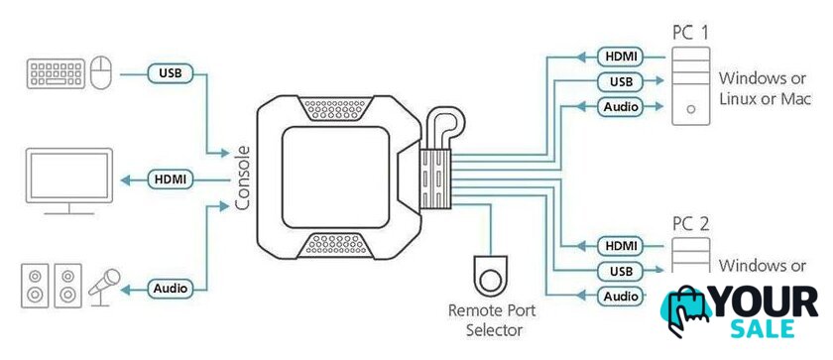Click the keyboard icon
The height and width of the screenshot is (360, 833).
[x=56, y=73]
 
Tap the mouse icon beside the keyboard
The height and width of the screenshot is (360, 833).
[x=100, y=73]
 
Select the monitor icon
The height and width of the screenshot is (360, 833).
[x=69, y=180]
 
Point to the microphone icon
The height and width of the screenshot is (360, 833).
[x=104, y=288]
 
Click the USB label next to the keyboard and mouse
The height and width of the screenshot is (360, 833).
[x=171, y=73]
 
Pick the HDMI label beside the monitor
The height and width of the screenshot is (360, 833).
[x=171, y=180]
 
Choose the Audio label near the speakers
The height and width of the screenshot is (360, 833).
[x=171, y=289]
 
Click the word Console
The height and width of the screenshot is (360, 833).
[x=243, y=178]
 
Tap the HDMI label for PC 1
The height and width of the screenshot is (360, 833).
[x=621, y=56]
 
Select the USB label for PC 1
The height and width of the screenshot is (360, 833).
[x=621, y=81]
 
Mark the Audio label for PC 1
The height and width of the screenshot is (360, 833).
[x=621, y=107]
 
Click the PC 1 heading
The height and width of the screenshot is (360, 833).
[x=690, y=33]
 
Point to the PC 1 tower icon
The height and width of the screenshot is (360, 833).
[x=690, y=86]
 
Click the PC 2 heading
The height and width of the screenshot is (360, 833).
[x=690, y=223]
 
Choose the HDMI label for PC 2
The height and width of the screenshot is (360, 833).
[x=621, y=246]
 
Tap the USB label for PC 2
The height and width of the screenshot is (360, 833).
[x=621, y=271]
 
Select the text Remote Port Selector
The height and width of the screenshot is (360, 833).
[x=492, y=320]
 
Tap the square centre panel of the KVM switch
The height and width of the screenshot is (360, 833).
[x=335, y=178]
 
